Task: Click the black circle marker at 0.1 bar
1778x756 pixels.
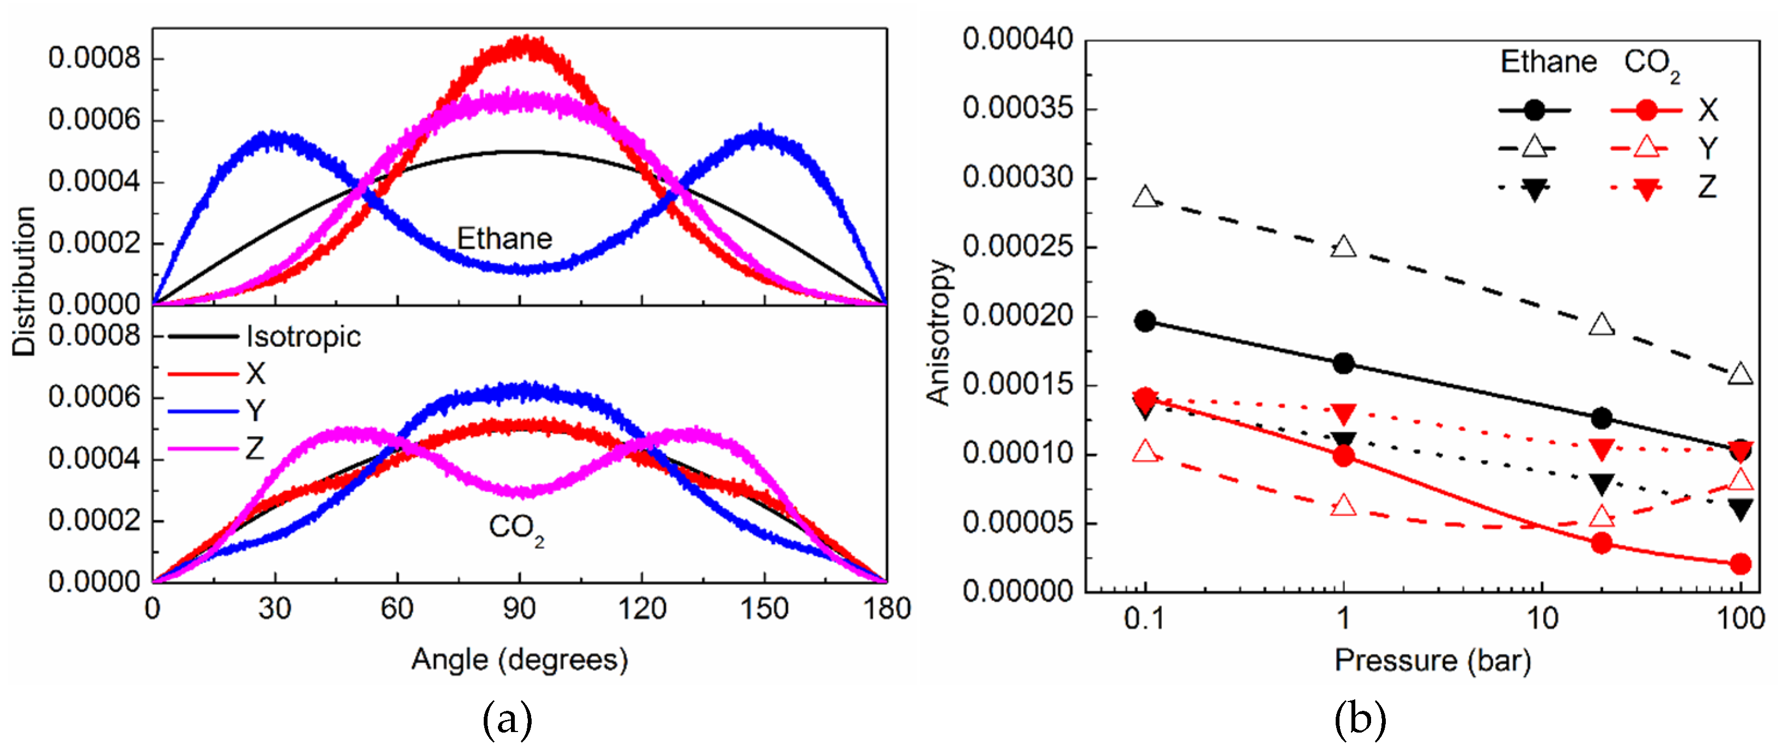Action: pyautogui.click(x=1145, y=321)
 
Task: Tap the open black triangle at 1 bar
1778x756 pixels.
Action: pyautogui.click(x=1343, y=247)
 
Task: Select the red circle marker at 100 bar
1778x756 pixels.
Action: pyautogui.click(x=1741, y=564)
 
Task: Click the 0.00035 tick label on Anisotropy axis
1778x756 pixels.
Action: pyautogui.click(x=1018, y=108)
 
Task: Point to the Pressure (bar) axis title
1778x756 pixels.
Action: pyautogui.click(x=1433, y=661)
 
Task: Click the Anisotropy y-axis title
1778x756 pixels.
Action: pyautogui.click(x=939, y=331)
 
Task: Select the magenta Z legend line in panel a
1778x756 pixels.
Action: pyautogui.click(x=203, y=449)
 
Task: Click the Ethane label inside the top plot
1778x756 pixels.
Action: pyautogui.click(x=504, y=239)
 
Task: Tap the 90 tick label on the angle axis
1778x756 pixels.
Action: pyautogui.click(x=519, y=609)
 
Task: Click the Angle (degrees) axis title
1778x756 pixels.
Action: pyautogui.click(x=519, y=660)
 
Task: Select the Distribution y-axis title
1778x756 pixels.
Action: pyautogui.click(x=24, y=281)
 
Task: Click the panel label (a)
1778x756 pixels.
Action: pyautogui.click(x=507, y=720)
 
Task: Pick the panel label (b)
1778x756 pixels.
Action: pyautogui.click(x=1359, y=720)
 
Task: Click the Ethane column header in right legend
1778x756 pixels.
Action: pyautogui.click(x=1548, y=62)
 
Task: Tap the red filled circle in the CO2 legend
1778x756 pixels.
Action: pyautogui.click(x=1646, y=110)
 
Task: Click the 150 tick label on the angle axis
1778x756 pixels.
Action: pyautogui.click(x=764, y=609)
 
